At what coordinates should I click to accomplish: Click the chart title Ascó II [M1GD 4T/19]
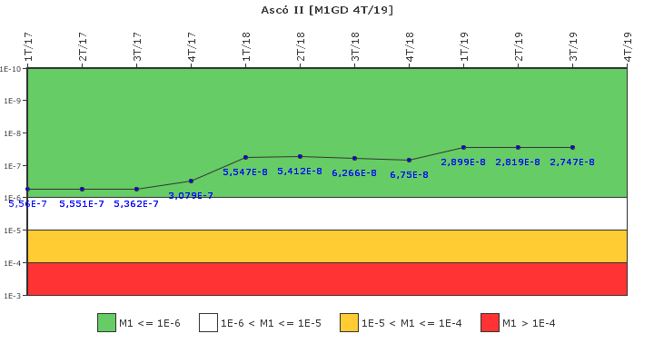(x=327, y=10)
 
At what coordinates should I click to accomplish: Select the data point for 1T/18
(x=245, y=157)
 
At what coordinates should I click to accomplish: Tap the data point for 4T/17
(x=191, y=181)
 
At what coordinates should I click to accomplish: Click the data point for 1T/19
(x=463, y=147)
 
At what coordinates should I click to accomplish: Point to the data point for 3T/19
(x=572, y=147)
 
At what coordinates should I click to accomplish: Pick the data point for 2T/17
(x=82, y=189)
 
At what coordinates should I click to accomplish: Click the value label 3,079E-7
(x=191, y=195)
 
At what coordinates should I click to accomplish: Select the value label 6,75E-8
(x=409, y=174)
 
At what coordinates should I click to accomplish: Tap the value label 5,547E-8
(x=245, y=172)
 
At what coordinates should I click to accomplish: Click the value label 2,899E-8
(x=463, y=162)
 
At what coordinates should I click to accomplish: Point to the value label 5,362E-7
(x=136, y=203)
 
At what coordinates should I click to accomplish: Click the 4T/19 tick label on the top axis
(x=628, y=46)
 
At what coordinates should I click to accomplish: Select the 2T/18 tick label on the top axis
(x=301, y=46)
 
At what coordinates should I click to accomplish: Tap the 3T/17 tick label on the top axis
(x=137, y=46)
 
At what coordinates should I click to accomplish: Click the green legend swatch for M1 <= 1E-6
(x=106, y=322)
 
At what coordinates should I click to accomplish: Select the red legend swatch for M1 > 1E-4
(x=490, y=322)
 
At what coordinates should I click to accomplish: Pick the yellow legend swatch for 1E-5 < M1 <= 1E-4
(x=349, y=322)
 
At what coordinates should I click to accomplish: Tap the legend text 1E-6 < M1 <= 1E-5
(x=271, y=323)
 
